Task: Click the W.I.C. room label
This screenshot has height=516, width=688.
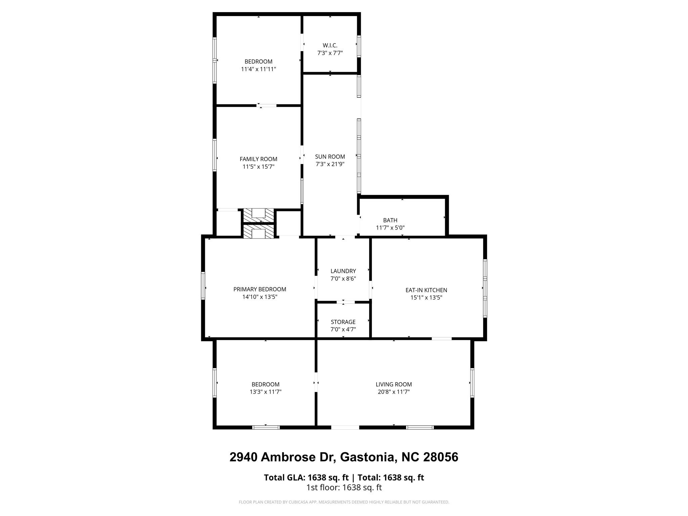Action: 330,45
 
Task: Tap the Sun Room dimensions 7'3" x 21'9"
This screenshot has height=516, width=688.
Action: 330,164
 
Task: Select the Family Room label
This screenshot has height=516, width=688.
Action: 258,159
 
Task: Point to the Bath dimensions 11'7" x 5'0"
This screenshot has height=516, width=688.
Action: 390,228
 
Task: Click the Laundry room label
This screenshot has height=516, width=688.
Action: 343,271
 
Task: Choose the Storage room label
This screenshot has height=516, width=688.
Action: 343,322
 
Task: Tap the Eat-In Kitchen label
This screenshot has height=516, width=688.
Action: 426,290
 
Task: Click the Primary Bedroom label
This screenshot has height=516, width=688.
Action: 260,289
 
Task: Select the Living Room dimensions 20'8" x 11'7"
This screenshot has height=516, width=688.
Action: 394,392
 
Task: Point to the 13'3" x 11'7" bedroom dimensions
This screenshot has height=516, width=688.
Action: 265,392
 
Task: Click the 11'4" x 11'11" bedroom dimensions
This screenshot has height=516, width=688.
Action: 258,69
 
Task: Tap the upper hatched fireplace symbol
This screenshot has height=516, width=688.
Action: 258,215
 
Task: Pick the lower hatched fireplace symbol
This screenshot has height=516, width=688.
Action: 258,232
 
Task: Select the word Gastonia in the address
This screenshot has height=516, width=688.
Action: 367,457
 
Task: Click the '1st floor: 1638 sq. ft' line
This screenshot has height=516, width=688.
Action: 344,487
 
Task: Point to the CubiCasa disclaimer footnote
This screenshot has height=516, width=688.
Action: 344,502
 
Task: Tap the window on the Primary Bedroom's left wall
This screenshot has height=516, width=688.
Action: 203,285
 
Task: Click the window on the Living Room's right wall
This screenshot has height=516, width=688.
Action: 472,383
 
